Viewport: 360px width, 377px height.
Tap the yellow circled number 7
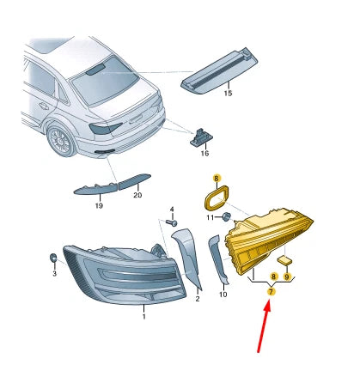tap(271, 292)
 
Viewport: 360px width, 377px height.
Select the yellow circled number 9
tap(287, 277)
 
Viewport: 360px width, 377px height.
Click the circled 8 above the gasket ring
tap(217, 179)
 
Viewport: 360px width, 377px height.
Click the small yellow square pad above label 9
tap(284, 260)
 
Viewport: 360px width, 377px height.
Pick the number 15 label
tap(228, 94)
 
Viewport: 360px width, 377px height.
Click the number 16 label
tap(204, 154)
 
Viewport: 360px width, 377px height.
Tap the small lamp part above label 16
tap(201, 137)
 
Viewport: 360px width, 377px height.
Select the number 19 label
tap(99, 205)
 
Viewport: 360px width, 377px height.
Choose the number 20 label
tap(137, 195)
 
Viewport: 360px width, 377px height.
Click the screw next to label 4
tap(171, 222)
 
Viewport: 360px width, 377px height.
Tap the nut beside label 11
tap(226, 216)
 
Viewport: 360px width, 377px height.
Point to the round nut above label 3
tap(53, 258)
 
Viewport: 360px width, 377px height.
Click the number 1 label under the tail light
tap(144, 317)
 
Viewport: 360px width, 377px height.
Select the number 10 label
tap(223, 295)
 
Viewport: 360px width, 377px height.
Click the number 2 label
tap(198, 299)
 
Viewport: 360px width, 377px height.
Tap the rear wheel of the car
tap(61, 140)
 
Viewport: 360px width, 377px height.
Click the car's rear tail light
tap(105, 128)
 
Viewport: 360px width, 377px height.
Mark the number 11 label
tap(211, 218)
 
